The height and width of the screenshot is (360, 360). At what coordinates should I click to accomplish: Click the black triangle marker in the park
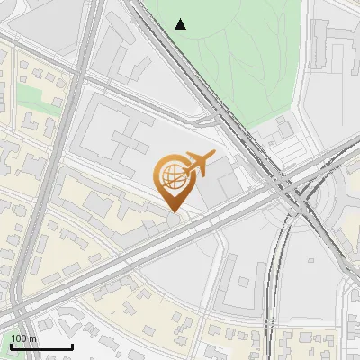pos(181,24)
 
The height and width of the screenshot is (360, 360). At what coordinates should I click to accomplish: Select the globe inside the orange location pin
pos(171,174)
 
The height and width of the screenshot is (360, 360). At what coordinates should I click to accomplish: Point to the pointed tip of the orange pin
pos(172,212)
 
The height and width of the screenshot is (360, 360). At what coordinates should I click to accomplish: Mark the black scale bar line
pos(41,346)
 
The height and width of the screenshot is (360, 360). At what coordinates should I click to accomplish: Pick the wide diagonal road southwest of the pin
pos(108,261)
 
